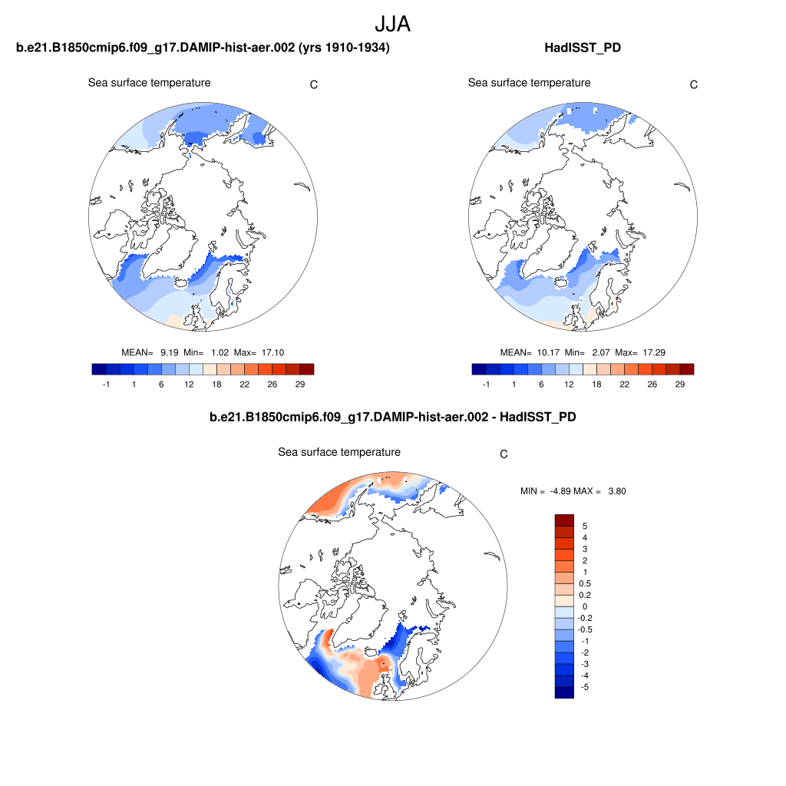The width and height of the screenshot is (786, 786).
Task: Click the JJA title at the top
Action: coord(392,25)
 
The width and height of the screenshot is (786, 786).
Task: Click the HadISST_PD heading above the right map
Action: coord(582,48)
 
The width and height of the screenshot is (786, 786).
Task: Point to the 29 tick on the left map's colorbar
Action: coord(301,384)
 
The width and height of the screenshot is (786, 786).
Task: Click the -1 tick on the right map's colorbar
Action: coord(486,384)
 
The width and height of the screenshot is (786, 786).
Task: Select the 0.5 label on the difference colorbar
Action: coord(584,583)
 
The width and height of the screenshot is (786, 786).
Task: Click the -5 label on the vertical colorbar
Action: coord(584,687)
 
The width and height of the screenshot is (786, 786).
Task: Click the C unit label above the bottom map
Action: coord(504,454)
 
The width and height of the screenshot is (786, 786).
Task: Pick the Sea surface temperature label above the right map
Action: coord(529,83)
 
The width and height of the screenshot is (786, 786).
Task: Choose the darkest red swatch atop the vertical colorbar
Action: coord(564,520)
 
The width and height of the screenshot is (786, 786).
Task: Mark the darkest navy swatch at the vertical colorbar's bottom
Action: coord(564,692)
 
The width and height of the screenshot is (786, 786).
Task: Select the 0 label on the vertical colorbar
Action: coord(584,606)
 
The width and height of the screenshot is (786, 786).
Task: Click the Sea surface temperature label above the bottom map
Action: coord(339,452)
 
